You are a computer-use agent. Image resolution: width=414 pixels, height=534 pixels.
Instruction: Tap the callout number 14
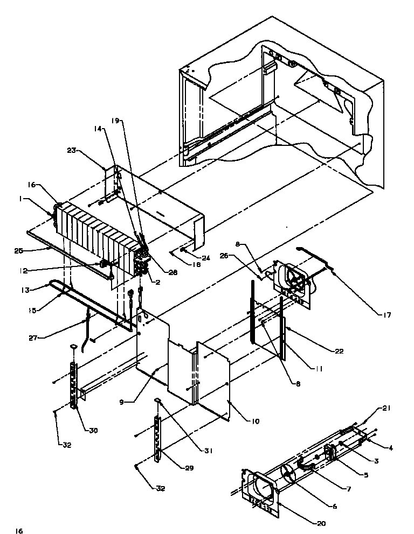click(97, 129)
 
